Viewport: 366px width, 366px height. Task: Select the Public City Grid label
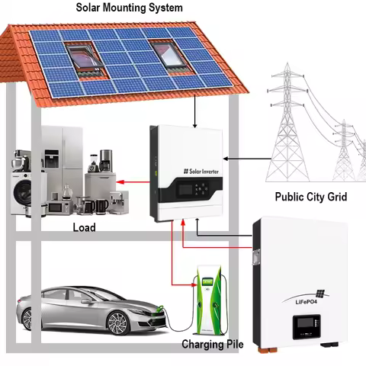coord(310,196)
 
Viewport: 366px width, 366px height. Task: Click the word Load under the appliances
coord(83,227)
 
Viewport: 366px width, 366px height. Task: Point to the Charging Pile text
coord(212,345)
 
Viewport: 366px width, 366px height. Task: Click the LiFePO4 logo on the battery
coord(305,298)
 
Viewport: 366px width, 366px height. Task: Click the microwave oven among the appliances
coord(61,206)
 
